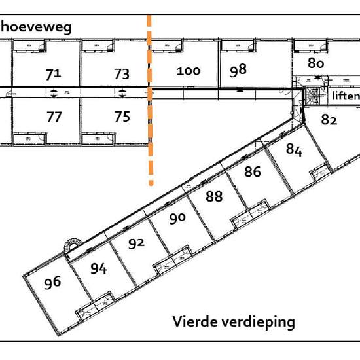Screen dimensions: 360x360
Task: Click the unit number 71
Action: pos(53,75)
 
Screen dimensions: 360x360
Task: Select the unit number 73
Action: pos(122,74)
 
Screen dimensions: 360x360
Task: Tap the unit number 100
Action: pos(189,71)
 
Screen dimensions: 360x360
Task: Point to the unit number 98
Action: pos(238,70)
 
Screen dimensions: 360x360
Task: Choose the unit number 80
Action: pos(316,63)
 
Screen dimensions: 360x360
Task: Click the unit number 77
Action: pos(54,117)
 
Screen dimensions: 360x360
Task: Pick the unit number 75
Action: pos(122,117)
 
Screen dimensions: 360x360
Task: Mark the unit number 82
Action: pos(329,120)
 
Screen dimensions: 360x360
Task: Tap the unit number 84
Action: pos(294,150)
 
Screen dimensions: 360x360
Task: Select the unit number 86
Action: pos(253,171)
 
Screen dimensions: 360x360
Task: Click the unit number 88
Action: pos(214,196)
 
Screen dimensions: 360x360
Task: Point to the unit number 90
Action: pos(177,219)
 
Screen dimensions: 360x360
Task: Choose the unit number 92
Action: pos(136,244)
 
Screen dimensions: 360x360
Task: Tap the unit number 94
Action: pos(99,268)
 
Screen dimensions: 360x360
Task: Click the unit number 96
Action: pos(52,283)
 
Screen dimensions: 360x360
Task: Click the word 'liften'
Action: pos(346,96)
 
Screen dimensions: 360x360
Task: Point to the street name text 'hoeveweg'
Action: pos(36,27)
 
